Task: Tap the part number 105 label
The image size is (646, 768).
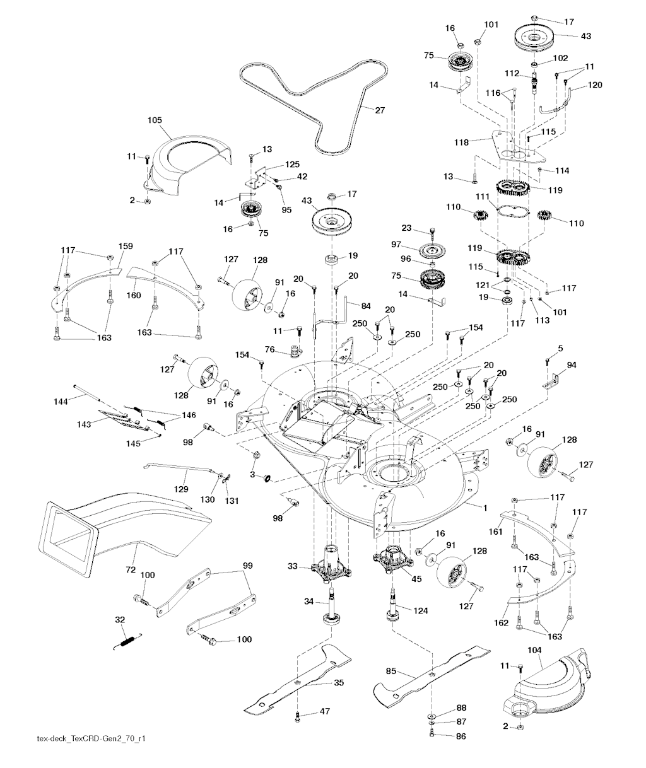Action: [x=155, y=120]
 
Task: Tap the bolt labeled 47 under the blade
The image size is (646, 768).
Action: [x=297, y=716]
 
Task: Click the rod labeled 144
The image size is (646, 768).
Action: [x=95, y=392]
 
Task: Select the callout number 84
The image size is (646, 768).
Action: [x=366, y=306]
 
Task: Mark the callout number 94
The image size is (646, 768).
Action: [x=572, y=364]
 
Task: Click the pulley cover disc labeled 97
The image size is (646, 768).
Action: [x=432, y=251]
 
